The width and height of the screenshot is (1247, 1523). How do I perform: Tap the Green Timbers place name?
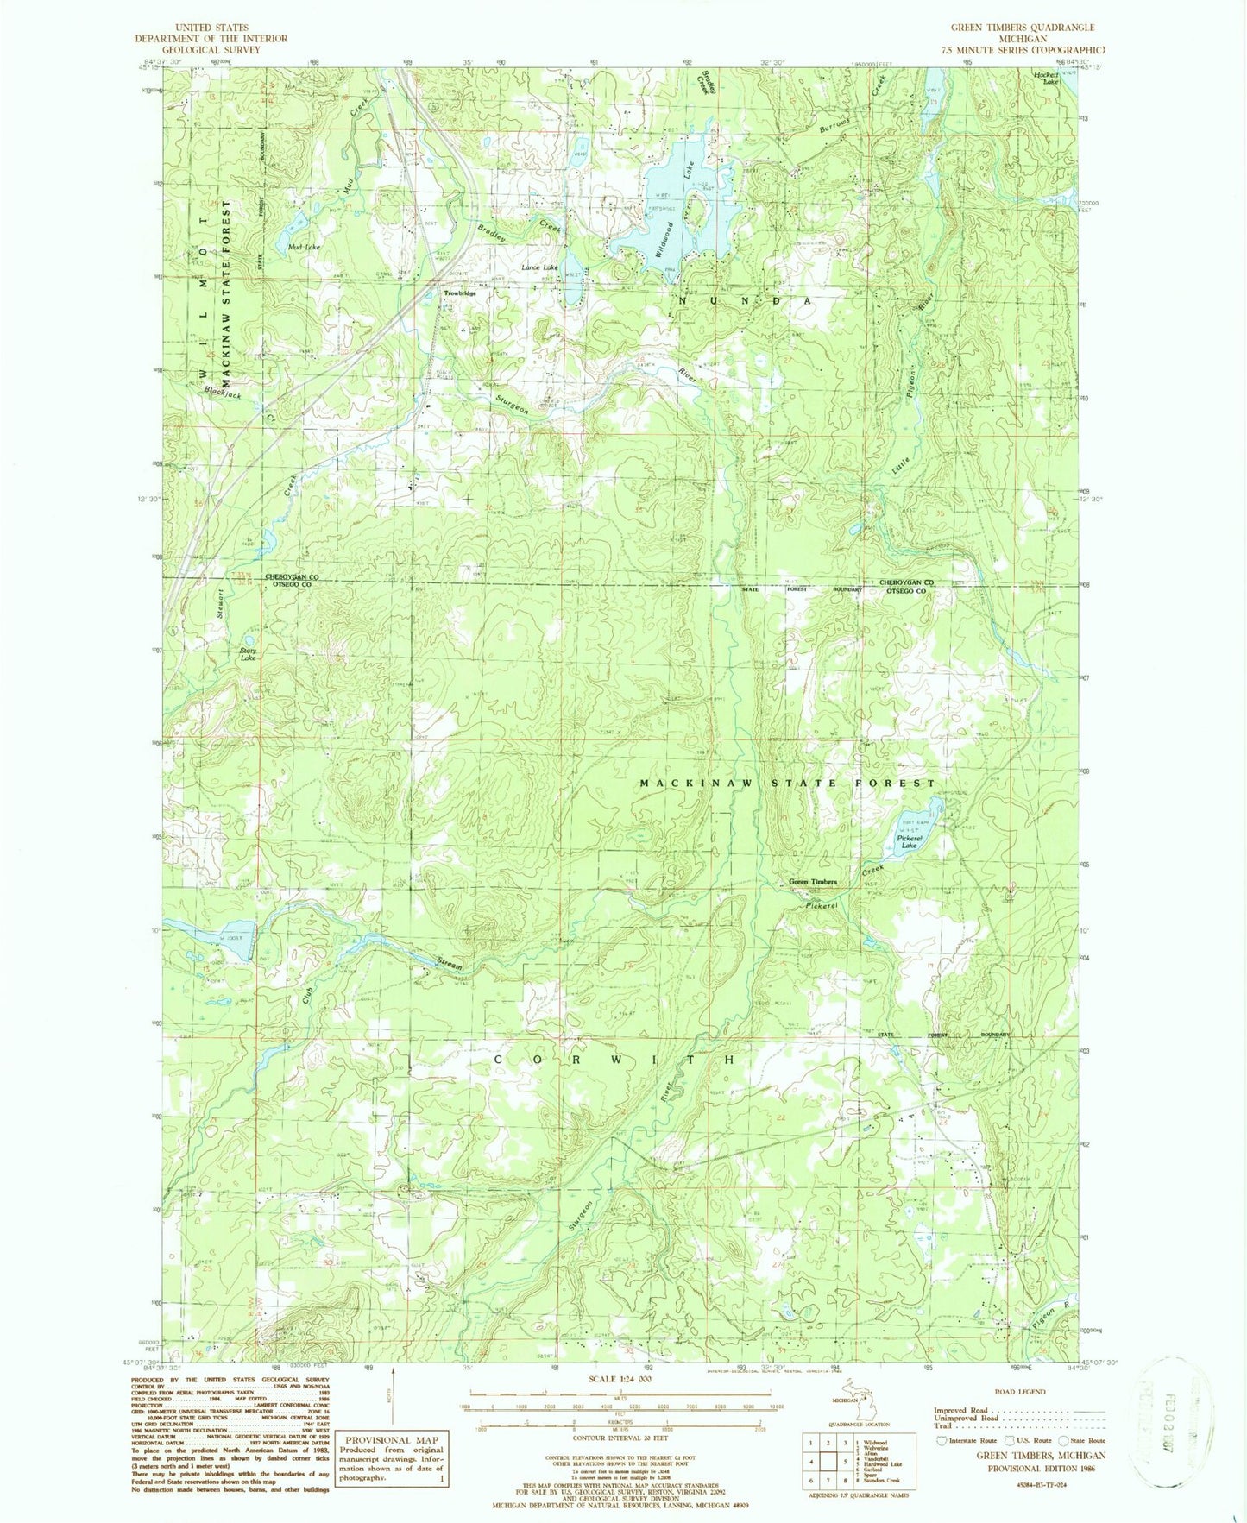pyautogui.click(x=813, y=882)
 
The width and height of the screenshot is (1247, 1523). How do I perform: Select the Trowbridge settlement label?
pyautogui.click(x=460, y=293)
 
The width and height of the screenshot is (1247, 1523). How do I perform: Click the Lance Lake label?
pyautogui.click(x=540, y=267)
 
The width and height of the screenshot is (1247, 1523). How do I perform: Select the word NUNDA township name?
pyautogui.click(x=745, y=301)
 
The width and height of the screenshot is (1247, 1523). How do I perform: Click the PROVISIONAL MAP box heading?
pyautogui.click(x=394, y=1439)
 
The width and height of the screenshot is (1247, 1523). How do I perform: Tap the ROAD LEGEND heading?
pyautogui.click(x=1020, y=1392)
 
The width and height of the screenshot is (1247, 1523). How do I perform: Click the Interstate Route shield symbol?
pyautogui.click(x=942, y=1440)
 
